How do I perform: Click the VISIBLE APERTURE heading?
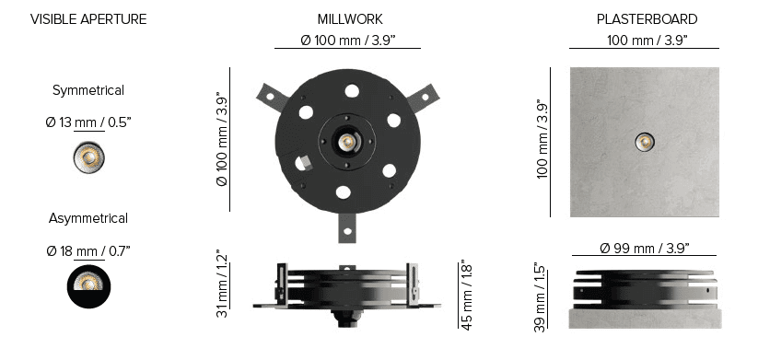pyautogui.click(x=88, y=19)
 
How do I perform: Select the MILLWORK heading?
pyautogui.click(x=350, y=19)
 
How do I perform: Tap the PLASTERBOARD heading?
pyautogui.click(x=647, y=19)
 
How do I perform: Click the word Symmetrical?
pyautogui.click(x=88, y=91)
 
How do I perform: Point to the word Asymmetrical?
pyautogui.click(x=88, y=218)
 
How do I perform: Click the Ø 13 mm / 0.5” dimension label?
pyautogui.click(x=88, y=122)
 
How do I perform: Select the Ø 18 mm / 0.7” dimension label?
pyautogui.click(x=88, y=251)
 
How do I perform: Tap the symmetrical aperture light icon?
pyautogui.click(x=89, y=157)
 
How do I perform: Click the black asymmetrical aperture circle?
pyautogui.click(x=89, y=286)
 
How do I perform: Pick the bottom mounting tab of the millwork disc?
pyautogui.click(x=347, y=227)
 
